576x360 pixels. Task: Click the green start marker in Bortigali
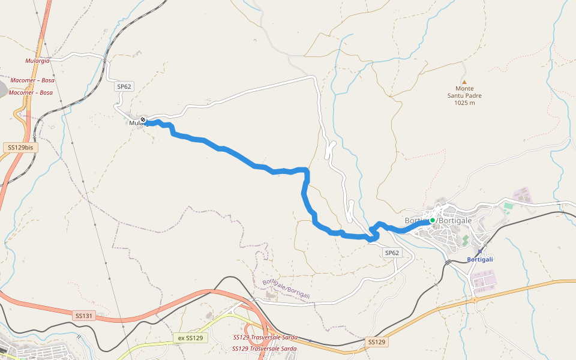click(x=432, y=220)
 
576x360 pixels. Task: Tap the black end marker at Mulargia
click(x=143, y=120)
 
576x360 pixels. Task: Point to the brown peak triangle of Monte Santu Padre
click(x=464, y=82)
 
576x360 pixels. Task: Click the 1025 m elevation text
click(x=464, y=103)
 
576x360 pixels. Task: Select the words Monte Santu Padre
click(x=464, y=92)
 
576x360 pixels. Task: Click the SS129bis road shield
click(x=19, y=147)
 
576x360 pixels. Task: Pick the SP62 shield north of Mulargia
click(x=124, y=86)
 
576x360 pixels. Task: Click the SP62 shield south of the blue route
click(x=392, y=253)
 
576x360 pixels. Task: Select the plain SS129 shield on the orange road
click(x=376, y=341)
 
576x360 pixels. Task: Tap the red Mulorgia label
click(x=37, y=61)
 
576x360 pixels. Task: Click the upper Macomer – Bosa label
click(x=32, y=80)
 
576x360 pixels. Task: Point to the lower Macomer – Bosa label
click(x=31, y=92)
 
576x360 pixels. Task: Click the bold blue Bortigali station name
click(x=480, y=259)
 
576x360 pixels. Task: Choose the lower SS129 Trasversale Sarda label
click(x=265, y=349)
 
